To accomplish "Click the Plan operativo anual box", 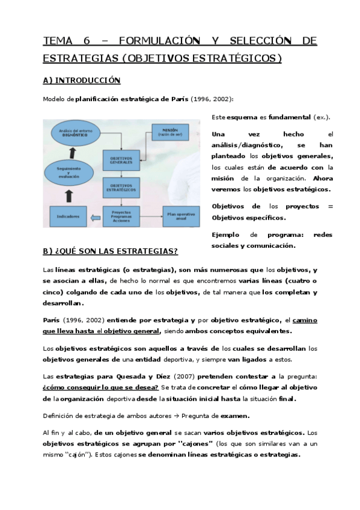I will pyautogui.click(x=181, y=215).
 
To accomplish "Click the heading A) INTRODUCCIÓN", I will pyautogui.click(x=82, y=81).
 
